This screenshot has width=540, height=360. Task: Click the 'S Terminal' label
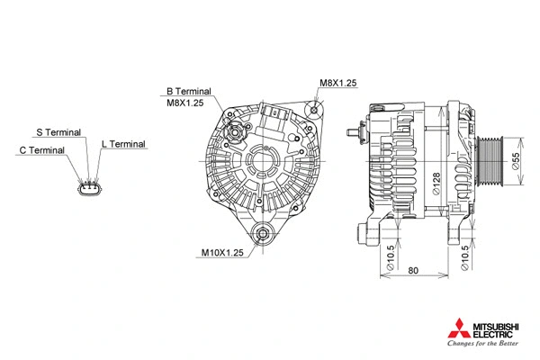[x=58, y=132]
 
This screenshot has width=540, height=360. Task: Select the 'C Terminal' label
[x=41, y=150]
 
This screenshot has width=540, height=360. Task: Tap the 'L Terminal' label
[x=123, y=143]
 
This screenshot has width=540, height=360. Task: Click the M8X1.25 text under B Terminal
[x=184, y=103]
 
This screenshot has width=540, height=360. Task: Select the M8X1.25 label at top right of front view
[x=338, y=83]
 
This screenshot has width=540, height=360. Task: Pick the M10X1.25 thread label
[x=222, y=253]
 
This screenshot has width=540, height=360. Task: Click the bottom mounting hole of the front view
[x=263, y=235]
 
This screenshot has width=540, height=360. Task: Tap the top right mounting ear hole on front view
[x=316, y=110]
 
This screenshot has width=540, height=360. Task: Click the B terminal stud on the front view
[x=238, y=132]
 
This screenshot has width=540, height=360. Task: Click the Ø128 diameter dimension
[x=434, y=184]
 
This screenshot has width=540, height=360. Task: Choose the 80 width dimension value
[x=413, y=270]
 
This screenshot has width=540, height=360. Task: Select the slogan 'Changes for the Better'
[x=483, y=343]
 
